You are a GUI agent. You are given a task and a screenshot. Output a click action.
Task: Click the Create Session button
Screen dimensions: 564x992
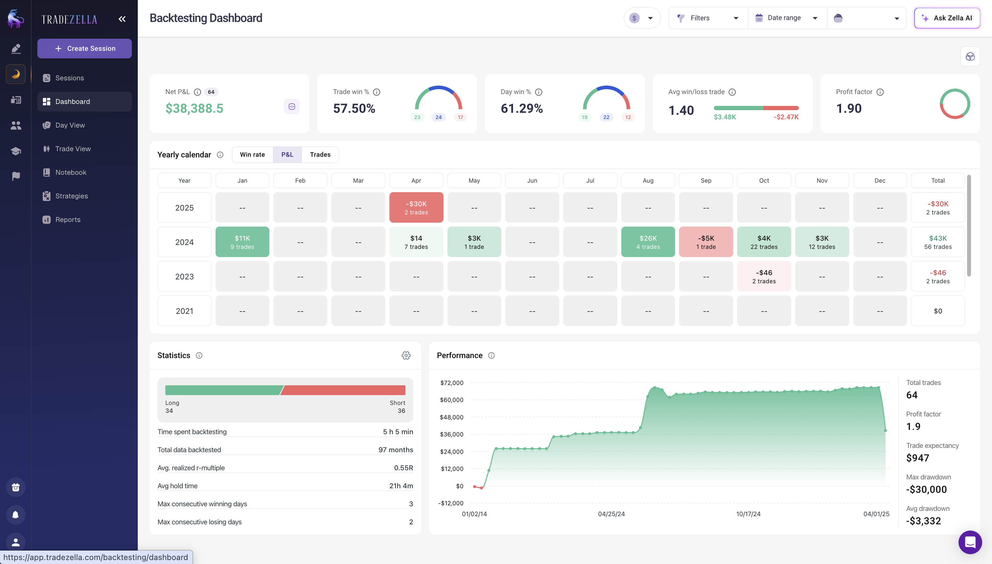point(85,49)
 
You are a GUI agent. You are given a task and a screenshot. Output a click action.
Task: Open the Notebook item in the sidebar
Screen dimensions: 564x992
point(71,172)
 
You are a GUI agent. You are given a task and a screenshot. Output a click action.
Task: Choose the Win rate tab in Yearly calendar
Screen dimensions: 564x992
point(252,154)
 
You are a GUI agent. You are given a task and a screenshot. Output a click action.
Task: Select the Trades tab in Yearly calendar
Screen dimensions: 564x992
point(320,154)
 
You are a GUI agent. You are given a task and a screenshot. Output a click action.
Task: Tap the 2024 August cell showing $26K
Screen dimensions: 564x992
point(648,242)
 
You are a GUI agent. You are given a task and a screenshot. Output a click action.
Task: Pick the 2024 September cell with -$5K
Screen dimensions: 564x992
point(706,242)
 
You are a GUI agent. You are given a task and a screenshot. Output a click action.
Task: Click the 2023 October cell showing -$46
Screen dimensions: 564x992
point(763,276)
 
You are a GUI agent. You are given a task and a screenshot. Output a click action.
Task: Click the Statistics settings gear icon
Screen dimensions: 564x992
point(406,355)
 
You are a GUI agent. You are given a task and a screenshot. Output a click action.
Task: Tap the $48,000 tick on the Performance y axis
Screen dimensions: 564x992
point(451,417)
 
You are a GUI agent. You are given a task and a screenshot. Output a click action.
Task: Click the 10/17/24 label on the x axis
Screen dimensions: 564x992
point(748,514)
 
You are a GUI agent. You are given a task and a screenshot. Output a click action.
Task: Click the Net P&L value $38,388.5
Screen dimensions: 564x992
point(194,109)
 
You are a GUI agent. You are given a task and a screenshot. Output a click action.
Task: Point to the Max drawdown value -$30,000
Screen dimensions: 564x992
point(926,490)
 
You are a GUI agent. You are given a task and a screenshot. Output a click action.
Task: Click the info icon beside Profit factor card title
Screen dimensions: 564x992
point(880,92)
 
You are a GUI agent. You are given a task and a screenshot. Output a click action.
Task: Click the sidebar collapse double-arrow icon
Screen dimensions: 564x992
point(122,19)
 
